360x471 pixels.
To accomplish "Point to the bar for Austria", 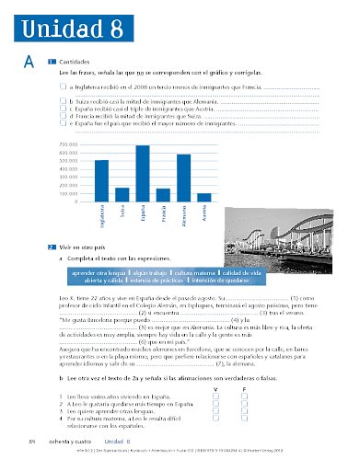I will pos(204,197).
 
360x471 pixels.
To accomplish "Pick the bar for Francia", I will pos(163,195).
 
